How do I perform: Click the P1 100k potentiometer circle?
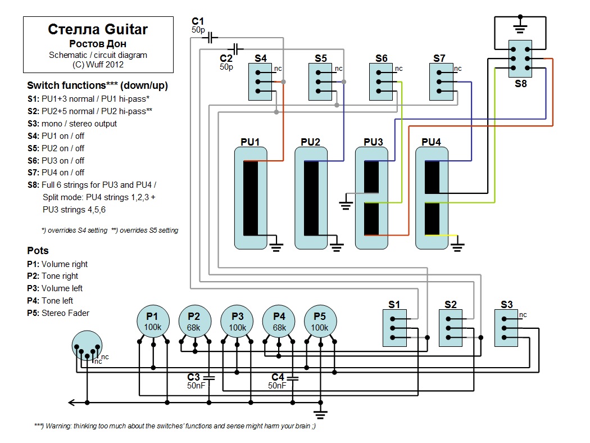153,322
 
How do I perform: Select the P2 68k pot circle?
194,322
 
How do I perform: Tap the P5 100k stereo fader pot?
320,322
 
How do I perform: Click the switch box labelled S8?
521,58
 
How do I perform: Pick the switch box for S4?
262,82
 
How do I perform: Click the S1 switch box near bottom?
395,328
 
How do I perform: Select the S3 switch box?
507,328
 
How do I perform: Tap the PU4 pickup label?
431,142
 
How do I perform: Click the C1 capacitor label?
198,21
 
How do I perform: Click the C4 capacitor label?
278,377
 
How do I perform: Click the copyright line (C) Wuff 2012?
98,64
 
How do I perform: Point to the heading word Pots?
38,251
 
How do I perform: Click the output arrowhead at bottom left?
71,403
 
